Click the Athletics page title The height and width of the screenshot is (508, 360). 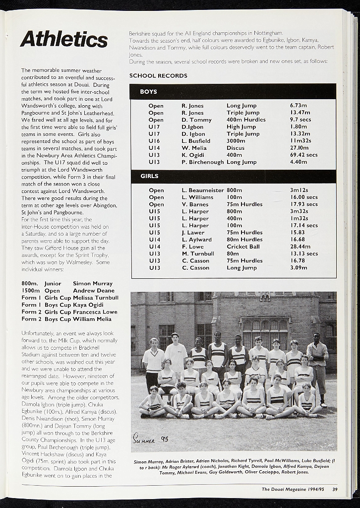point(64,39)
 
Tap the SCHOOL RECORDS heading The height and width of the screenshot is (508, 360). point(158,76)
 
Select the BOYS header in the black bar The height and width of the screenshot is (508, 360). point(148,92)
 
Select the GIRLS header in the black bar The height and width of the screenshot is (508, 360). point(149,176)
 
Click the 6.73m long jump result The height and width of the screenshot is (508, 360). point(298,106)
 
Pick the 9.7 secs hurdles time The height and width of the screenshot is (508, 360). point(300,120)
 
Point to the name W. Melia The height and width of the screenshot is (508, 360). point(194,148)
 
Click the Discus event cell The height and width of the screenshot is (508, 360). point(236,148)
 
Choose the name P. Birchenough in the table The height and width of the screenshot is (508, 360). point(202,162)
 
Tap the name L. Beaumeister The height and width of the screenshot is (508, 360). point(203,190)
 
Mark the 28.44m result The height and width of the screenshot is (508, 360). point(300,247)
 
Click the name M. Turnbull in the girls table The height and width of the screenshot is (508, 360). point(198,254)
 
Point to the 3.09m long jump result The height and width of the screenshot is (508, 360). point(299,268)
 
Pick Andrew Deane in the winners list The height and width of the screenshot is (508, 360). point(94,291)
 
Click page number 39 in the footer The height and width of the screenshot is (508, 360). point(335,490)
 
